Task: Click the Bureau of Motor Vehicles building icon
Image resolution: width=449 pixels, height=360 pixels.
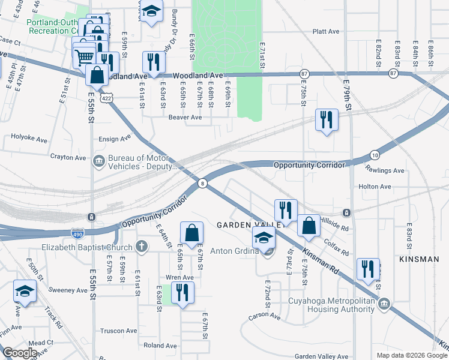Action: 98,160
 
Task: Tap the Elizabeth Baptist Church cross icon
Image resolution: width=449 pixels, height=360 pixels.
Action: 141,246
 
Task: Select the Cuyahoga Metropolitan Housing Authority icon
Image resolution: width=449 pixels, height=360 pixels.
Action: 384,303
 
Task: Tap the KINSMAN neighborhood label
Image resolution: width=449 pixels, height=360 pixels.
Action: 418,259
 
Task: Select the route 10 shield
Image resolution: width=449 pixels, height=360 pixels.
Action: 374,154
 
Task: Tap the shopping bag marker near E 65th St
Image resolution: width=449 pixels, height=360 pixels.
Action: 191,232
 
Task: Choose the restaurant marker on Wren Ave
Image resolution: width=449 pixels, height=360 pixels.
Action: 181,292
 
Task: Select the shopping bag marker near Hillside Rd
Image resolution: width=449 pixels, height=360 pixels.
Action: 309,226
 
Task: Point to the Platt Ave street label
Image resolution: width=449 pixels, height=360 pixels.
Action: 326,31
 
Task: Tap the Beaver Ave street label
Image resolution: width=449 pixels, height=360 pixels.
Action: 185,118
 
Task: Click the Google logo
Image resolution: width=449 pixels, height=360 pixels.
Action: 20,352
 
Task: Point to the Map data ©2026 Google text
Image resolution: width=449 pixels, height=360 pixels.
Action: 411,355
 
